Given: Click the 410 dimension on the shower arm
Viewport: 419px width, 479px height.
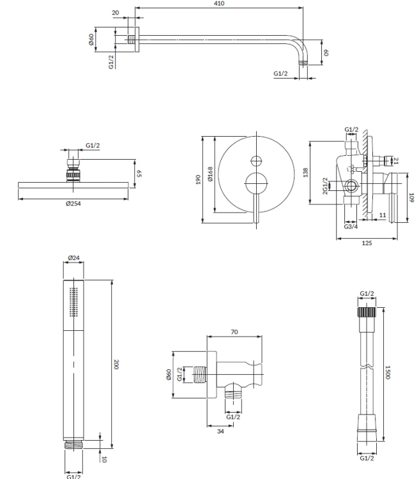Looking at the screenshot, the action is point(220,3).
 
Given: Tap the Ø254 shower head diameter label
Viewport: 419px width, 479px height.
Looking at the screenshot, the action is point(73,204).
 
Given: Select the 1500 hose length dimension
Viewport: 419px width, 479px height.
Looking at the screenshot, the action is point(388,372).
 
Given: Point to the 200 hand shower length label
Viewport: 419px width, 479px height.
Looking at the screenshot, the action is point(116,364).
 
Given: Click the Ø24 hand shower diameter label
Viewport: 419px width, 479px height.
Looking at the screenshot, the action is point(73,258).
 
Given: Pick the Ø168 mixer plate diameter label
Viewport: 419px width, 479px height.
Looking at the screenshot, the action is point(210,174).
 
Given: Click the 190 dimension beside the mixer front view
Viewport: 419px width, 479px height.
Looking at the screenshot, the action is point(198,179).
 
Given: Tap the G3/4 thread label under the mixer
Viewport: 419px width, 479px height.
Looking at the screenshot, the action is point(351,227).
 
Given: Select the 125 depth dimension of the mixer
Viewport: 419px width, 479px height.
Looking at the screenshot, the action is point(367,243).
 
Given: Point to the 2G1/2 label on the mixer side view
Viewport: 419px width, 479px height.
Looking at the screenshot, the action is point(325,186).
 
